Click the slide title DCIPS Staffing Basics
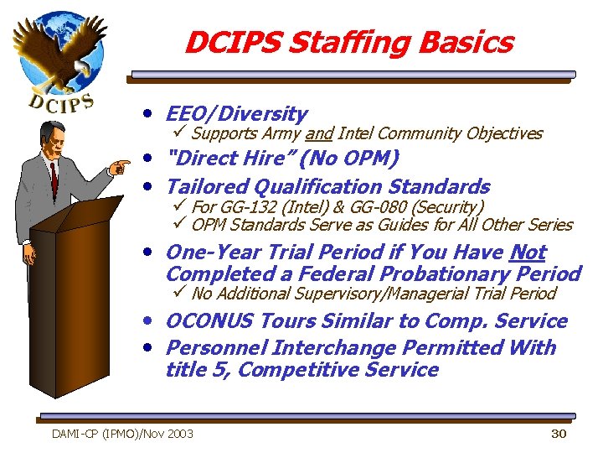348,42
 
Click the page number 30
559,434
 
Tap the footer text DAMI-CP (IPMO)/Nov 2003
122,434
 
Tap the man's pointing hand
120,167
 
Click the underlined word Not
527,253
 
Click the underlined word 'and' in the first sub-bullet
318,133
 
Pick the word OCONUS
209,321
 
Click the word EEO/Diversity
237,114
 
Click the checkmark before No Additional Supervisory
178,294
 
